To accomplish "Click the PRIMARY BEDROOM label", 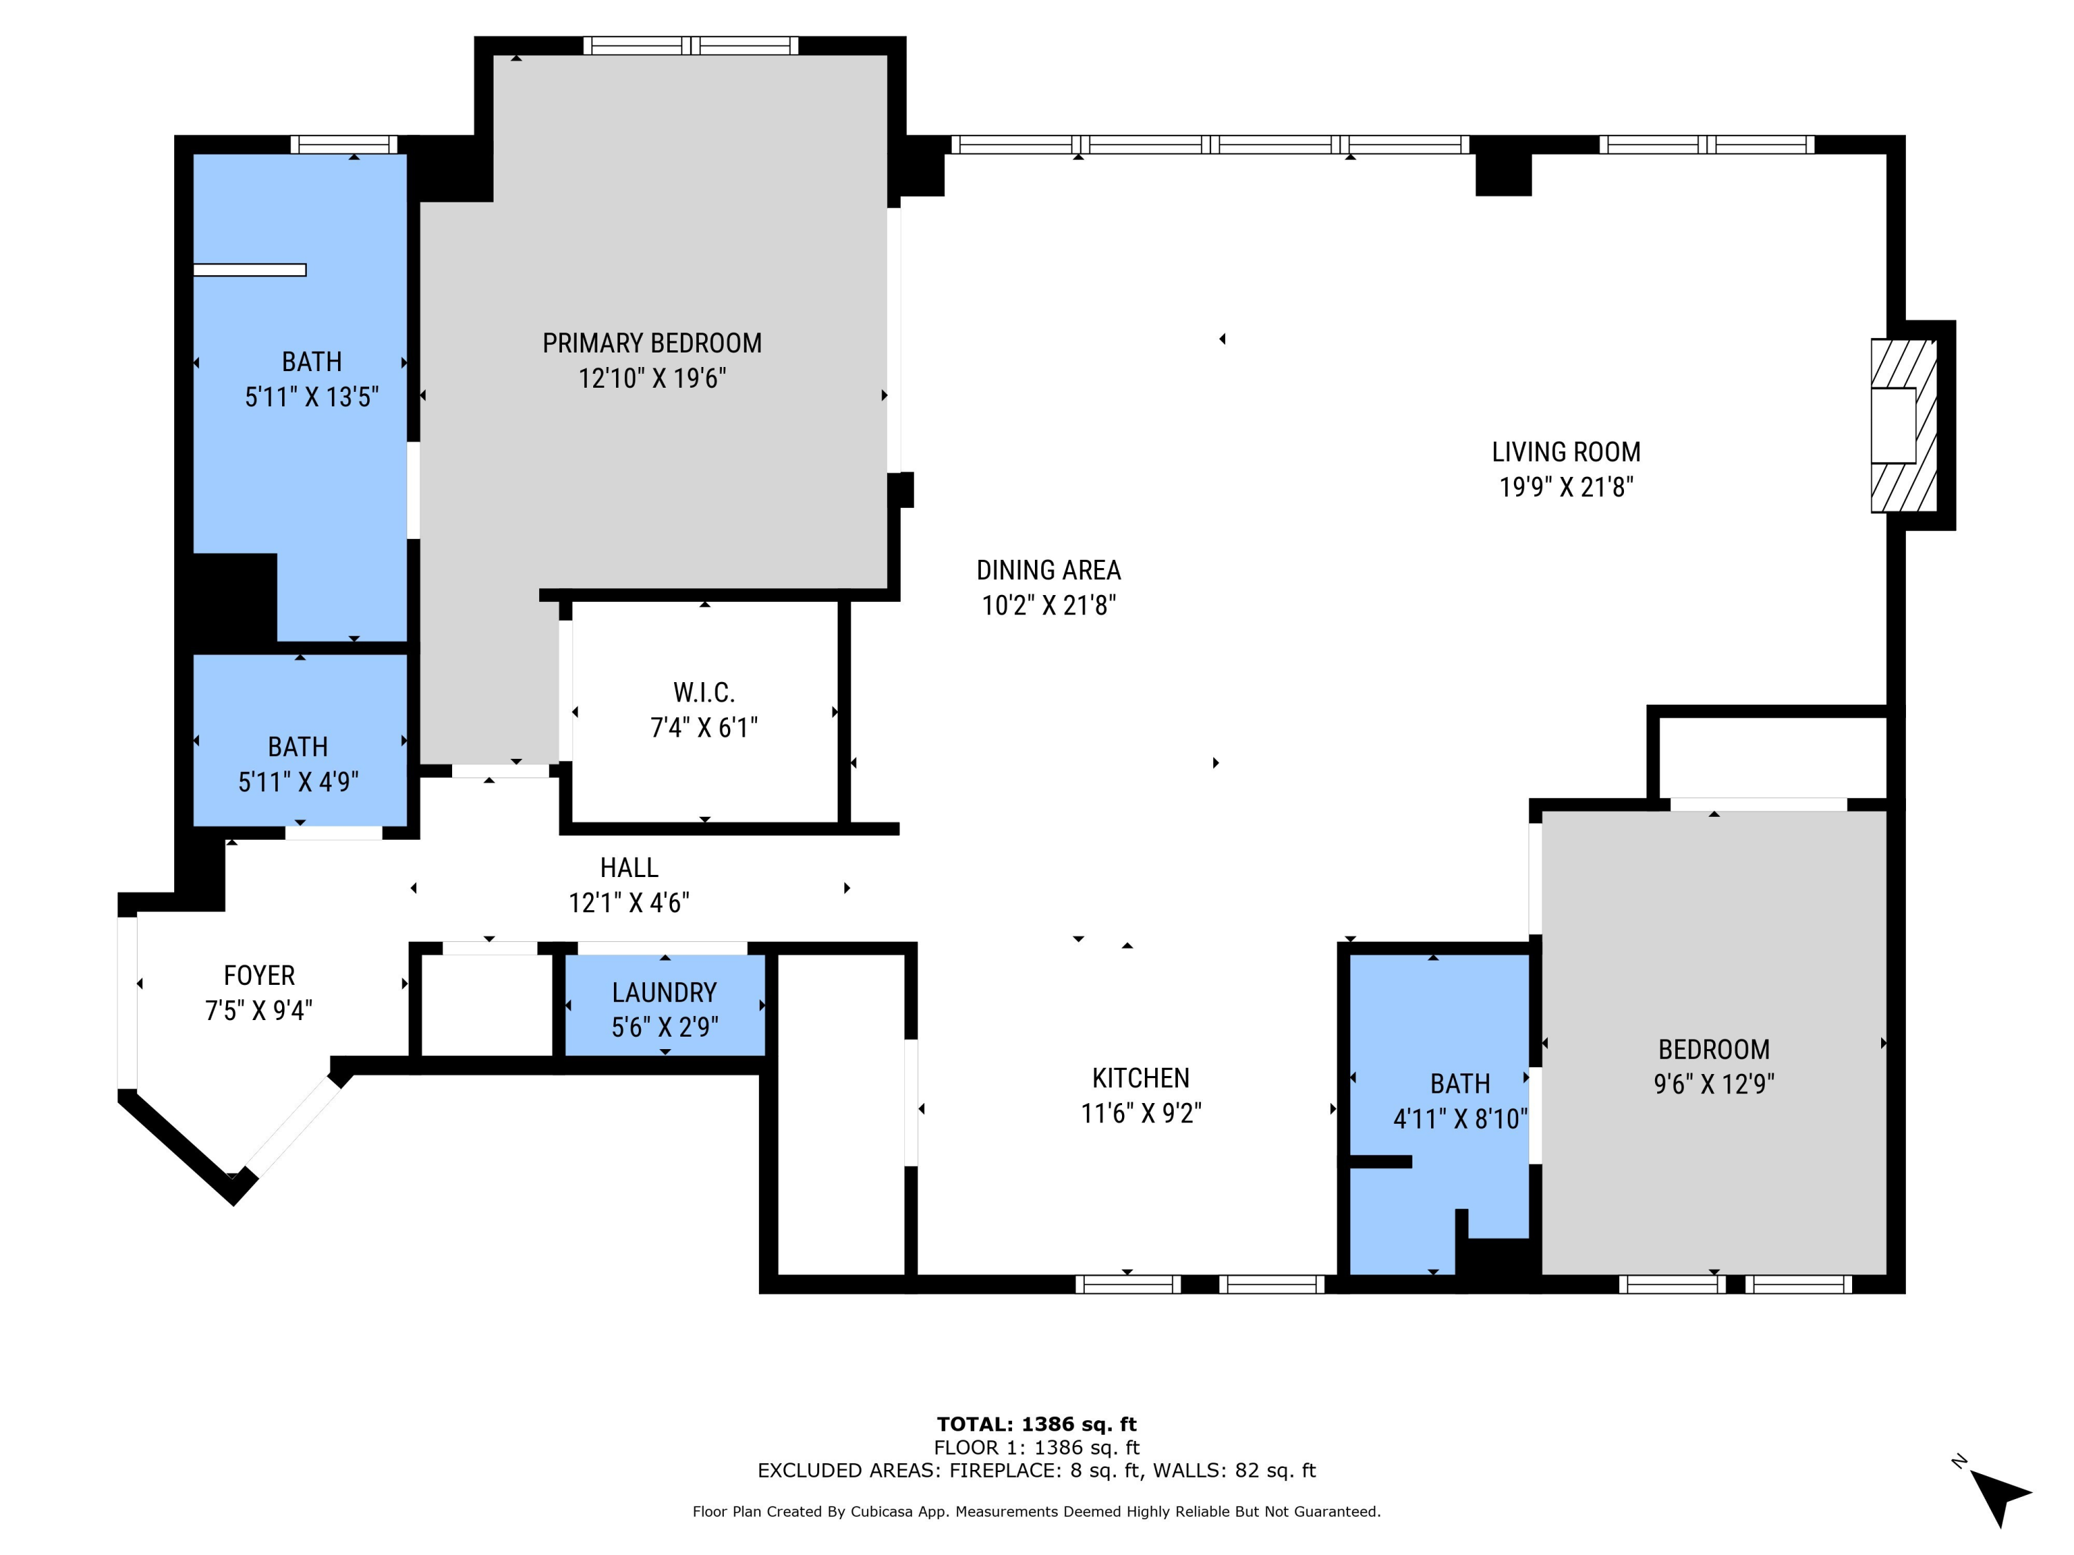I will click(x=652, y=343).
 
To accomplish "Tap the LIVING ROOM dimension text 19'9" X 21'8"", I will click(x=1566, y=487).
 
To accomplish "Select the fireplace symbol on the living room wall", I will click(x=1903, y=426).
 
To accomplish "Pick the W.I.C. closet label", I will click(x=704, y=692).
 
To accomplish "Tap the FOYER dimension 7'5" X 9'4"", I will click(x=259, y=1010).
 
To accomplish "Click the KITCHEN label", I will click(x=1140, y=1078).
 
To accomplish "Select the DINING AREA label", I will click(x=1048, y=570).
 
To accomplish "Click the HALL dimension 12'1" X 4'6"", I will click(x=628, y=903).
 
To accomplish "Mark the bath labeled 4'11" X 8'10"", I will click(x=1460, y=1102).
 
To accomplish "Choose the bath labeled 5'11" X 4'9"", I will click(x=298, y=764).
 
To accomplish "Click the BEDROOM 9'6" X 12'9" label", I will click(x=1713, y=1066).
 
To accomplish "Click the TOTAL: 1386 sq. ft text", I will click(x=1036, y=1424).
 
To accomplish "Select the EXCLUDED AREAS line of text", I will click(x=1036, y=1471).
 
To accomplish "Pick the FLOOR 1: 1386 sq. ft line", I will click(x=1036, y=1447).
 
